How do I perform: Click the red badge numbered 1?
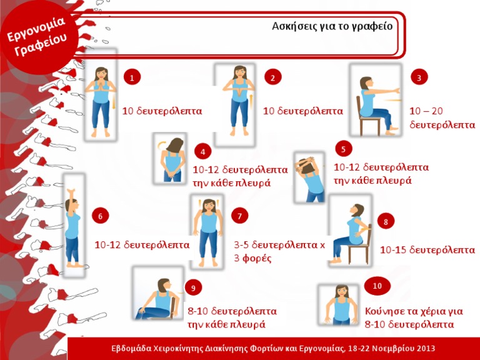[132, 77]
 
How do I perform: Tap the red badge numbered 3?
[419, 77]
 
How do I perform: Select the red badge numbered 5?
[343, 149]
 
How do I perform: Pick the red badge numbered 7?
[239, 216]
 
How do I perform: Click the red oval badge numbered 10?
[377, 286]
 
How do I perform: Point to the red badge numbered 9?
[193, 287]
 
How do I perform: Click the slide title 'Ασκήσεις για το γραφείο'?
[332, 26]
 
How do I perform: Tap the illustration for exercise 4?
[171, 159]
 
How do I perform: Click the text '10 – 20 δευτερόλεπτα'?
[442, 118]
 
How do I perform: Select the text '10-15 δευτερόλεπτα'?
[427, 250]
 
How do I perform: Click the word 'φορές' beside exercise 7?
[257, 258]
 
